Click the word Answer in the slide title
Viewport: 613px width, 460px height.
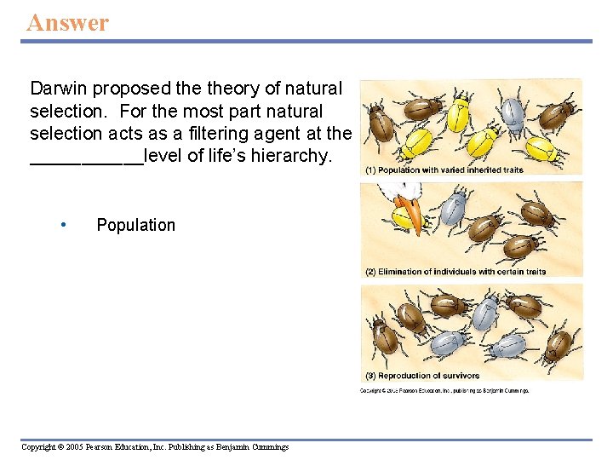click(x=68, y=22)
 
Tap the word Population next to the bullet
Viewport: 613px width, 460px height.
click(x=135, y=225)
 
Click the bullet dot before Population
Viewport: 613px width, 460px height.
click(x=64, y=225)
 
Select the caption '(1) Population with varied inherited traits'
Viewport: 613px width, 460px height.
click(x=444, y=170)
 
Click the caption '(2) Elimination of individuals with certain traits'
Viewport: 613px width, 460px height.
click(x=455, y=272)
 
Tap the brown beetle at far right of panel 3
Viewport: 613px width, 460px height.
click(x=557, y=344)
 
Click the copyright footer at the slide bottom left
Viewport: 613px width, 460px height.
click(x=155, y=447)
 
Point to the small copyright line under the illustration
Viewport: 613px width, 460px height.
click(x=444, y=390)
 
